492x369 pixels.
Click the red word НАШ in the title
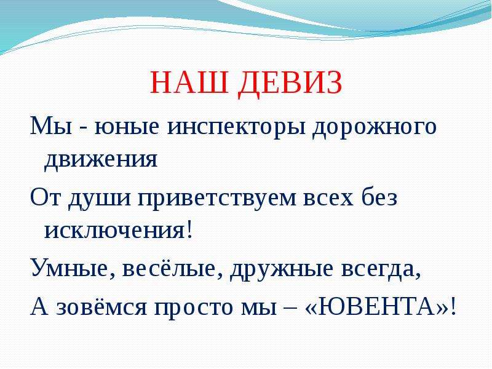[x=189, y=82]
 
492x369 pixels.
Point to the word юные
[x=127, y=128]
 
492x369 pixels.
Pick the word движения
[x=101, y=161]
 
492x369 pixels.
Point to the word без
[x=379, y=197]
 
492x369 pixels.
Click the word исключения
[x=114, y=232]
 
